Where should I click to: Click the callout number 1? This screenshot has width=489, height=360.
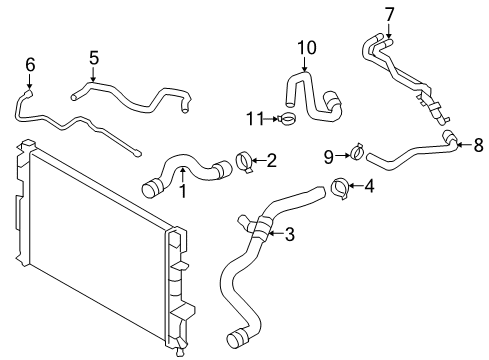pos(183,191)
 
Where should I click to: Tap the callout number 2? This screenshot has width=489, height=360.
pos(270,158)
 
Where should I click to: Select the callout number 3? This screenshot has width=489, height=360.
pos(289,235)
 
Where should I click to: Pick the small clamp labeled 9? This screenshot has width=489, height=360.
pos(353,154)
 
